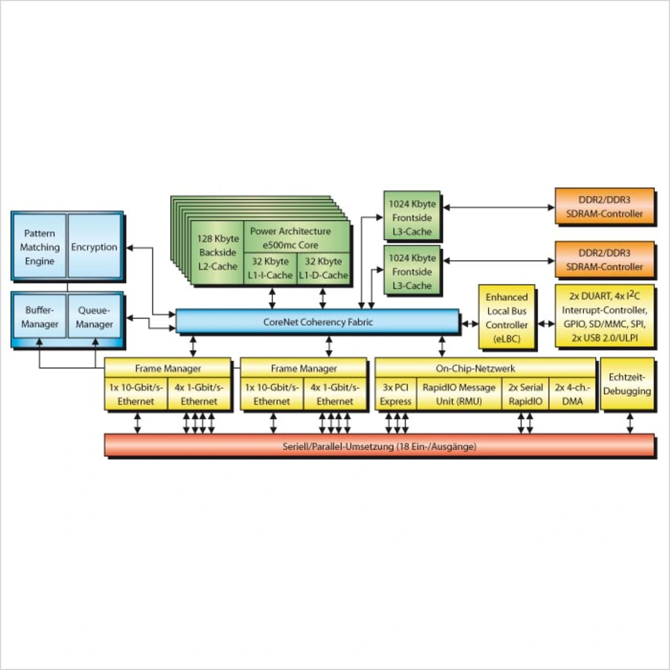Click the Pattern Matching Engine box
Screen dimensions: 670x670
click(40, 247)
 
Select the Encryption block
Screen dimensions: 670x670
click(94, 247)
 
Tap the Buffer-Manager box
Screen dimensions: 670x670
click(40, 317)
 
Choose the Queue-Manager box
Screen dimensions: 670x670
click(94, 317)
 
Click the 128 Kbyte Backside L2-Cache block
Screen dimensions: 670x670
click(218, 252)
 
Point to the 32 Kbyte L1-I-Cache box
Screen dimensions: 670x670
click(270, 268)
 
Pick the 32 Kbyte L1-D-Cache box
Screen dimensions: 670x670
click(323, 268)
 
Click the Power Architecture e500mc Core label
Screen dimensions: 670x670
click(291, 238)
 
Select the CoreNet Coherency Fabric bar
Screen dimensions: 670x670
click(318, 322)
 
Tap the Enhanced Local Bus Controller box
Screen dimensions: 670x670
click(507, 318)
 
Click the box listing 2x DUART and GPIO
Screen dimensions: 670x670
click(605, 317)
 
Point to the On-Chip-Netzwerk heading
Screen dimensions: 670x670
click(475, 368)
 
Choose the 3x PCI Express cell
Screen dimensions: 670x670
click(396, 394)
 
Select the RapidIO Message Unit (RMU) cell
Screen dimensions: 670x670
click(459, 394)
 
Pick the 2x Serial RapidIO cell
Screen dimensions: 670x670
click(526, 394)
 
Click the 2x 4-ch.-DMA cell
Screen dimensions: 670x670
click(572, 394)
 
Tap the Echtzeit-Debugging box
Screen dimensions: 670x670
click(627, 384)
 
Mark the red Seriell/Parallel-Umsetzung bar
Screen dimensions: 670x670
click(379, 446)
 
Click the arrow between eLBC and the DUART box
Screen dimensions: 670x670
click(546, 324)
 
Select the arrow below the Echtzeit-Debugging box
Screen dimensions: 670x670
click(630, 423)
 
